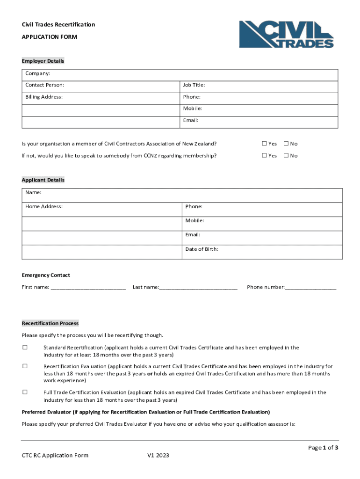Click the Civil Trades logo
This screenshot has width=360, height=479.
(x=287, y=34)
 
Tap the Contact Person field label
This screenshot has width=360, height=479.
(x=45, y=85)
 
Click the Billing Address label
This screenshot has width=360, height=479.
(x=44, y=97)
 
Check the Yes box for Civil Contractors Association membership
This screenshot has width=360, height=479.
(x=264, y=144)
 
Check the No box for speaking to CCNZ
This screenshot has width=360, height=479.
(x=286, y=156)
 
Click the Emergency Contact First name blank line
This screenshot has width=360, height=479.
(x=88, y=288)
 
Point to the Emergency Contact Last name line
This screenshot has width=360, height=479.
(x=198, y=288)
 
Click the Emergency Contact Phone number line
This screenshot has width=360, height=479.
(x=310, y=288)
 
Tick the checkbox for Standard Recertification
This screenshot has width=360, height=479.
(x=25, y=348)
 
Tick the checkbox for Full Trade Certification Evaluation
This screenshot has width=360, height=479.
(x=25, y=392)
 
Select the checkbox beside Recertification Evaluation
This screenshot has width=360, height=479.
(x=25, y=366)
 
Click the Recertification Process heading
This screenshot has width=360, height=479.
(x=50, y=324)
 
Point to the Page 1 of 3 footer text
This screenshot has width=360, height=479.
(x=323, y=448)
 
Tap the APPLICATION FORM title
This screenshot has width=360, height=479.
(x=50, y=36)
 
